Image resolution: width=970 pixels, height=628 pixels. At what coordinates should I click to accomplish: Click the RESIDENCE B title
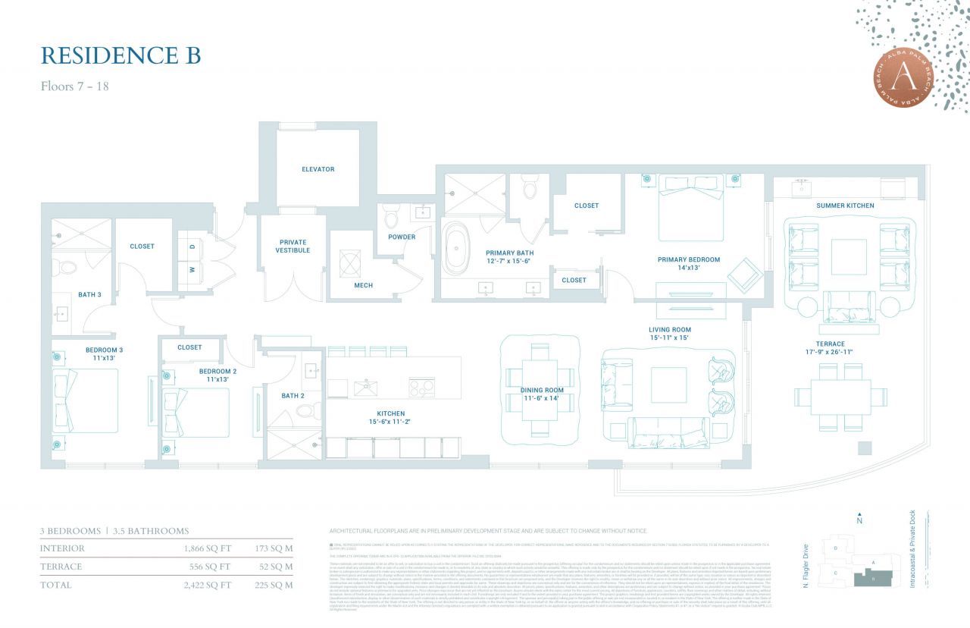120,56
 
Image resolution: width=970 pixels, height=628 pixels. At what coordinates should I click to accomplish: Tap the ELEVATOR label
318,169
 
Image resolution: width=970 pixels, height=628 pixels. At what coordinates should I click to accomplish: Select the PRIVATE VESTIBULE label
293,246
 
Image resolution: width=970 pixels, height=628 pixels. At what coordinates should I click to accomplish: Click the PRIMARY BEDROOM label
688,259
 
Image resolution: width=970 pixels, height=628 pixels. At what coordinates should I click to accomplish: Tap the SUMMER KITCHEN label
845,206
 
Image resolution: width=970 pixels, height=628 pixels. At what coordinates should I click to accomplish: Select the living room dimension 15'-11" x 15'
670,338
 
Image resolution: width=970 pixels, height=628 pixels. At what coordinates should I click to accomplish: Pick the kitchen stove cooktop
421,388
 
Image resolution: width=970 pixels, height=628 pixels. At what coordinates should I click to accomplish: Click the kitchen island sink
365,388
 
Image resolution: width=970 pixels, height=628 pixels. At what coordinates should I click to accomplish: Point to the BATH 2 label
293,395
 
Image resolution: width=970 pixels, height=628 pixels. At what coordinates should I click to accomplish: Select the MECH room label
363,285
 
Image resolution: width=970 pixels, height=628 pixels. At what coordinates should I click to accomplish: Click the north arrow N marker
859,520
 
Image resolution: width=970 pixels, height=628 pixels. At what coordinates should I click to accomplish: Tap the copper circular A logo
903,76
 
